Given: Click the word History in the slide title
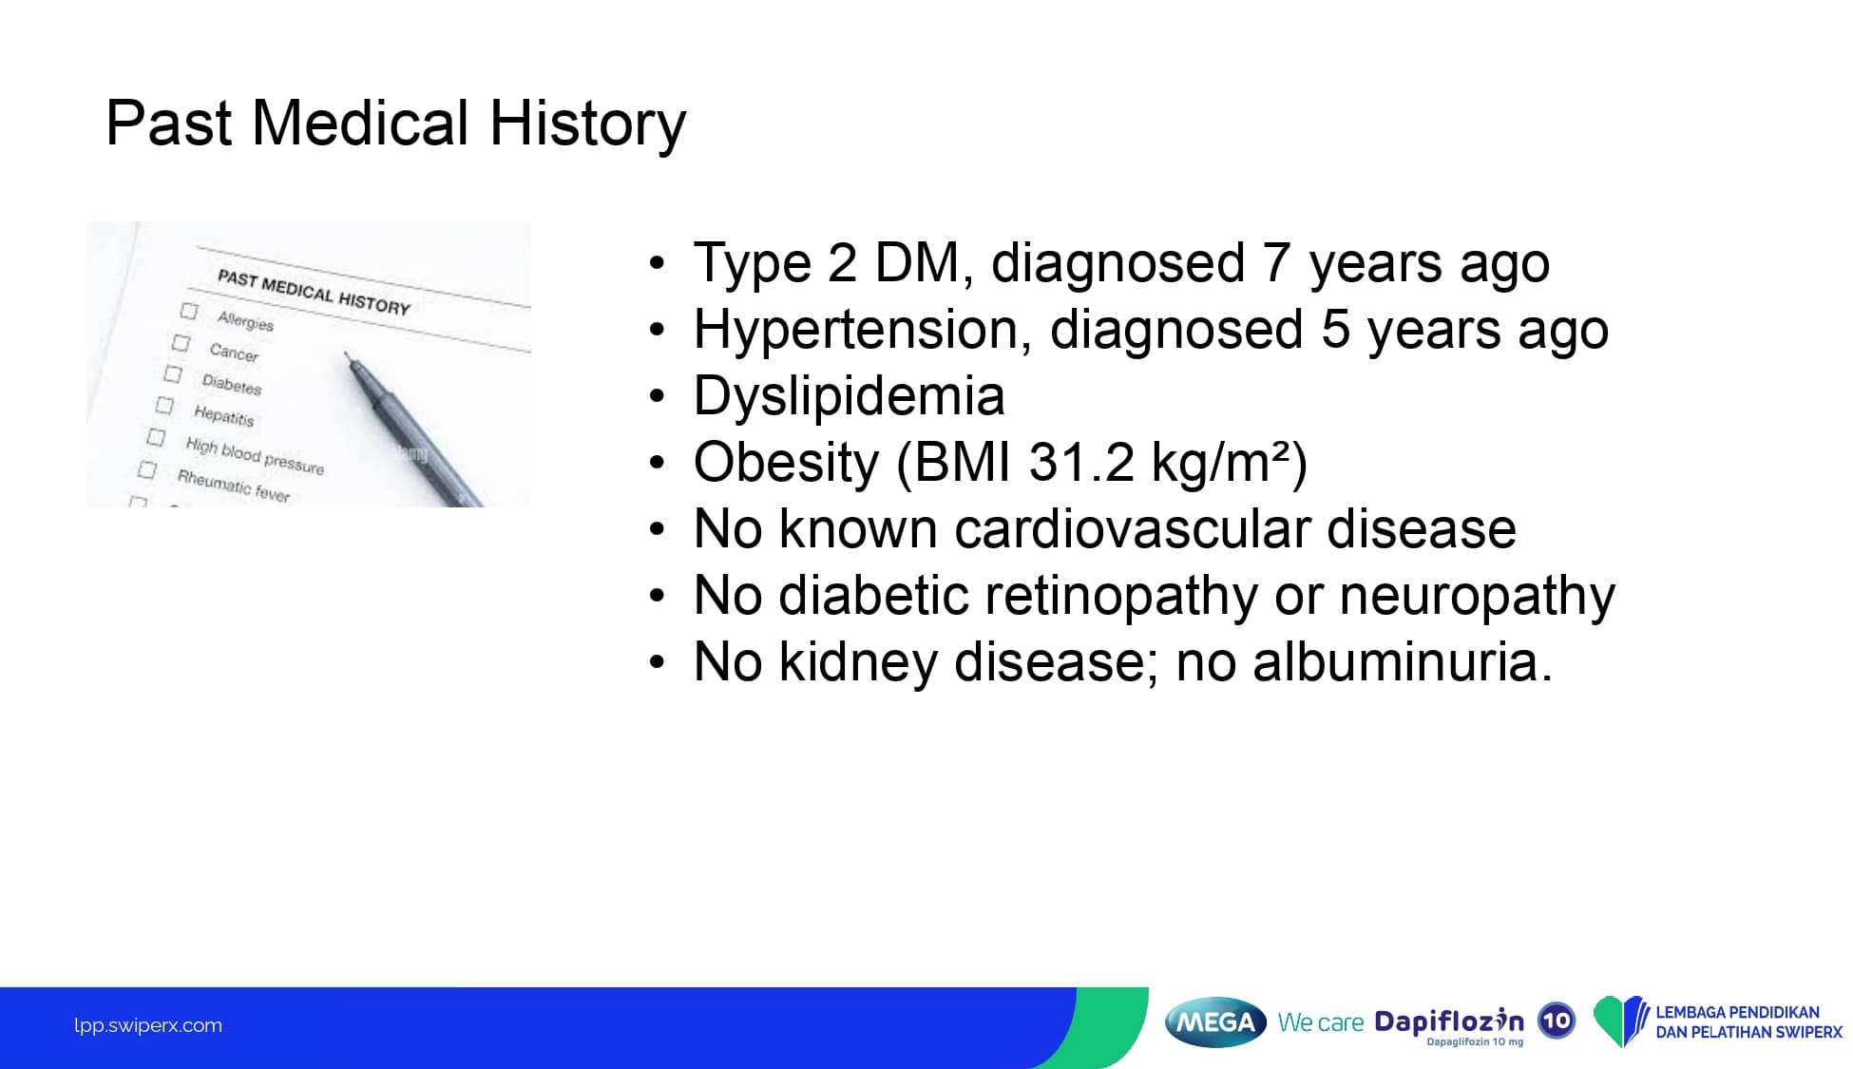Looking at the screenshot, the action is tap(587, 124).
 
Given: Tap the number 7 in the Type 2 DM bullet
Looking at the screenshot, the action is tap(1276, 262).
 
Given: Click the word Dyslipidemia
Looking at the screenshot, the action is tap(849, 396).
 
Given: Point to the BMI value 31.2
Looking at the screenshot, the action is tap(1081, 463).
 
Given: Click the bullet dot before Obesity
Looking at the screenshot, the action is tap(658, 464).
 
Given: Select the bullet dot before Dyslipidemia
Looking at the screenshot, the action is tap(658, 397).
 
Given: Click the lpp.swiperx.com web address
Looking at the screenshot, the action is tap(148, 1025).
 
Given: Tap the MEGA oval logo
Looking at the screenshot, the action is tap(1215, 1022).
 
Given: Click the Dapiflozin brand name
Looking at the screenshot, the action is tap(1449, 1021).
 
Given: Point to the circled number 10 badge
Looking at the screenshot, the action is tap(1557, 1021).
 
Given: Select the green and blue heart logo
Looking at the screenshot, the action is tap(1620, 1021).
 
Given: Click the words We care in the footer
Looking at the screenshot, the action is tap(1321, 1022).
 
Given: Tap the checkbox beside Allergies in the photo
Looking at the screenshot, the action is tap(189, 311).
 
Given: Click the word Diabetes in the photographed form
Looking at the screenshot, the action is tap(232, 384).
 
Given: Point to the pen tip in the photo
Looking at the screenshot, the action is tap(346, 355).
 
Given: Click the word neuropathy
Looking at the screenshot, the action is tap(1477, 596).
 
